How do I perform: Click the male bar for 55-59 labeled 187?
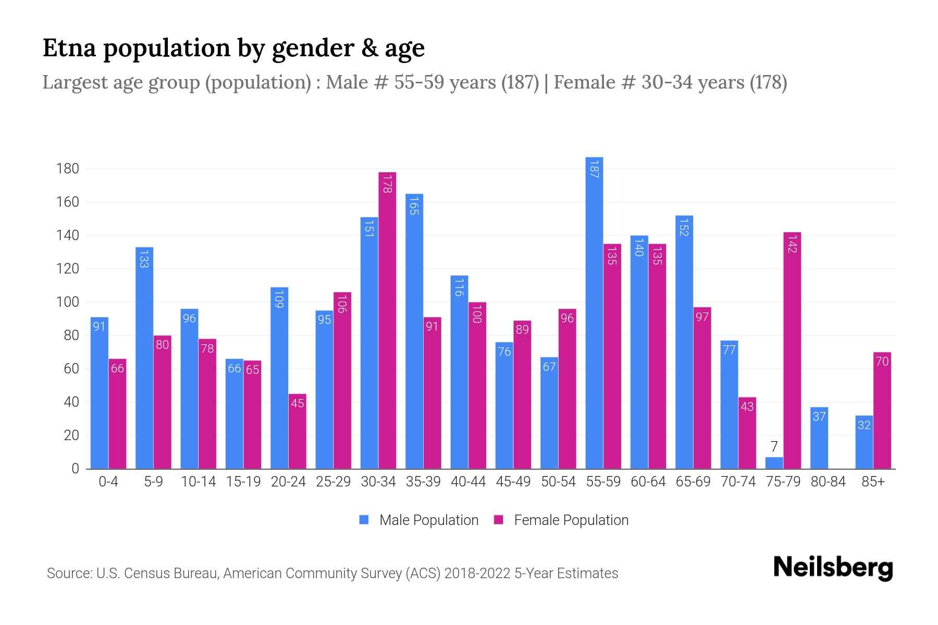[x=594, y=312]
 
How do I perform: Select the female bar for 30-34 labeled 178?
[x=387, y=320]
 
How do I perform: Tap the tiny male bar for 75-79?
[x=774, y=463]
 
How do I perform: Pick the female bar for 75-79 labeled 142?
[x=792, y=350]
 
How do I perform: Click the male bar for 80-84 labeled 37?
[x=819, y=438]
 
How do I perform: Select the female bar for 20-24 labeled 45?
[x=297, y=431]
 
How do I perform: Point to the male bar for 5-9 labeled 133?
[x=144, y=358]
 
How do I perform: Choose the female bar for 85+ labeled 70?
[x=882, y=410]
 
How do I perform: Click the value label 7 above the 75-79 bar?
[x=774, y=446]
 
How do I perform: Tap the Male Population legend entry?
[x=418, y=520]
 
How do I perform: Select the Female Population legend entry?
[x=561, y=520]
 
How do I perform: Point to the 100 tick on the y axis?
[x=68, y=302]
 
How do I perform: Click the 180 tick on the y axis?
[x=68, y=169]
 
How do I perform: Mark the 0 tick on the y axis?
[x=75, y=469]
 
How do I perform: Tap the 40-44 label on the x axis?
[x=468, y=482]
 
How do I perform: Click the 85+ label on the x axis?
[x=873, y=482]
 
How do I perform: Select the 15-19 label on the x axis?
[x=243, y=482]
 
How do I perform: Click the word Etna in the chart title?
[x=69, y=48]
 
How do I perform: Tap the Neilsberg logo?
[x=833, y=568]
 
